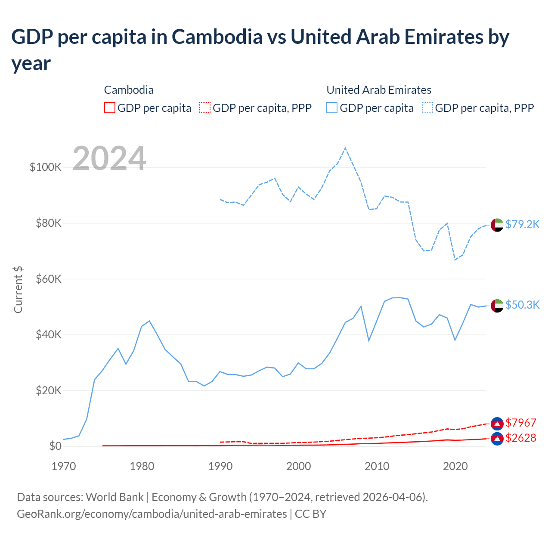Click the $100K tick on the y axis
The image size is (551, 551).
(x=46, y=167)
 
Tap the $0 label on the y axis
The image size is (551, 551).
(x=55, y=446)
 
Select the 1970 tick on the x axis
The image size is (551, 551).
(x=64, y=466)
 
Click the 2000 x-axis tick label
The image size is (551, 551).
(x=299, y=466)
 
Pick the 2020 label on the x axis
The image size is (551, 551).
(x=455, y=466)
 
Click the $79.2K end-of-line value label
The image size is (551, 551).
(x=522, y=224)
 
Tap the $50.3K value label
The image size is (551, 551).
(x=522, y=305)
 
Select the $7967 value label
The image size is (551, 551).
(x=521, y=423)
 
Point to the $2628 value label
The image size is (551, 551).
(x=521, y=438)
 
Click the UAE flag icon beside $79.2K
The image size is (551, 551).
(x=497, y=225)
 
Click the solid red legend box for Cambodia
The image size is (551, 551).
(x=110, y=108)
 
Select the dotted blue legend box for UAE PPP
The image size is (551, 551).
(x=427, y=108)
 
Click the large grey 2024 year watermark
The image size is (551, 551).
(x=109, y=158)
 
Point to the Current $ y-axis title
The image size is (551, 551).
(x=18, y=289)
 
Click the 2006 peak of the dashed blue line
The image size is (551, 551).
(x=345, y=148)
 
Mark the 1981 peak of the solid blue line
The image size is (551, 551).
(x=149, y=321)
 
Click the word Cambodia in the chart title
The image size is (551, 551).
(x=217, y=37)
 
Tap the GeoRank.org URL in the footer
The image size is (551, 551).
(x=152, y=514)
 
